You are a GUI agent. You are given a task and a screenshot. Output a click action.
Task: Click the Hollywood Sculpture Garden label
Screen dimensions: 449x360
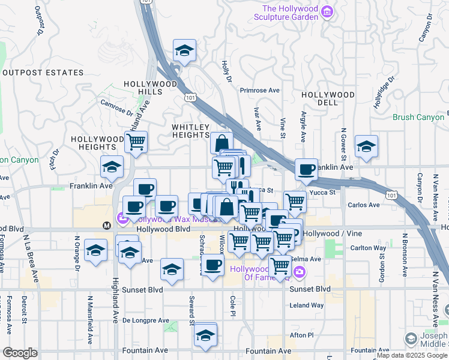290,13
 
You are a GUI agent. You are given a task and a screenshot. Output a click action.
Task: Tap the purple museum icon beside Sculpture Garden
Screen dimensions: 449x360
327,11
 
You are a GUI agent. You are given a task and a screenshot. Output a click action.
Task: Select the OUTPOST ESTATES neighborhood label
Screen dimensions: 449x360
43,73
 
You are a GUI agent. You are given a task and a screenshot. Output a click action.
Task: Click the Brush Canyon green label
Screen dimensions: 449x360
418,118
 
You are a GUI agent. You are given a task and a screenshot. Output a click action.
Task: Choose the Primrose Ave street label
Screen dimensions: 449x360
260,91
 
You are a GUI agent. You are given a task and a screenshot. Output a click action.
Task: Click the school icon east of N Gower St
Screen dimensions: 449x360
366,146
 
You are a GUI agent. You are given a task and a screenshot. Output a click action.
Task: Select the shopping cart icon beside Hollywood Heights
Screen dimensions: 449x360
136,142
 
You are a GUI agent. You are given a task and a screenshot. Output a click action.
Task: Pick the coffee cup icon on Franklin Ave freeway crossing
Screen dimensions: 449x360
307,170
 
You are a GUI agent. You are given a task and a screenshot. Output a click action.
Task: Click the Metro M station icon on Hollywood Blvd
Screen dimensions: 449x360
107,226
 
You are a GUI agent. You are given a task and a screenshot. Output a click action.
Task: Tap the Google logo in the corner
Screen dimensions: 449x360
20,353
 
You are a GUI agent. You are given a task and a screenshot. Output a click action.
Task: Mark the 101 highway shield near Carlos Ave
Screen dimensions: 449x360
391,195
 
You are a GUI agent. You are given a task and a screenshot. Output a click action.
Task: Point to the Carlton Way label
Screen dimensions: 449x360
369,248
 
